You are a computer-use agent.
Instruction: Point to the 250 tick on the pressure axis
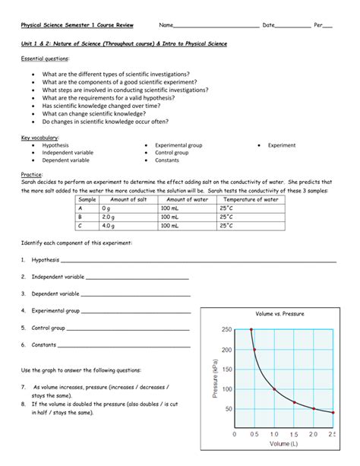pos(226,330)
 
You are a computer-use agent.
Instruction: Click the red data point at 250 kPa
pos(251,330)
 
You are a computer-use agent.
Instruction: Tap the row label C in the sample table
pos(81,225)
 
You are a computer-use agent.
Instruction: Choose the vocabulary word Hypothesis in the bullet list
pos(56,144)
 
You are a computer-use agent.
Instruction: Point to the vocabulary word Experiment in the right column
pos(282,144)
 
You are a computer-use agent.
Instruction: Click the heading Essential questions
pos(45,58)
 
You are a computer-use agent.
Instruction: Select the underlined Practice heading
pos(31,174)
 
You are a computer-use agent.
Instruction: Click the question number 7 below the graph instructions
pos(24,387)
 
